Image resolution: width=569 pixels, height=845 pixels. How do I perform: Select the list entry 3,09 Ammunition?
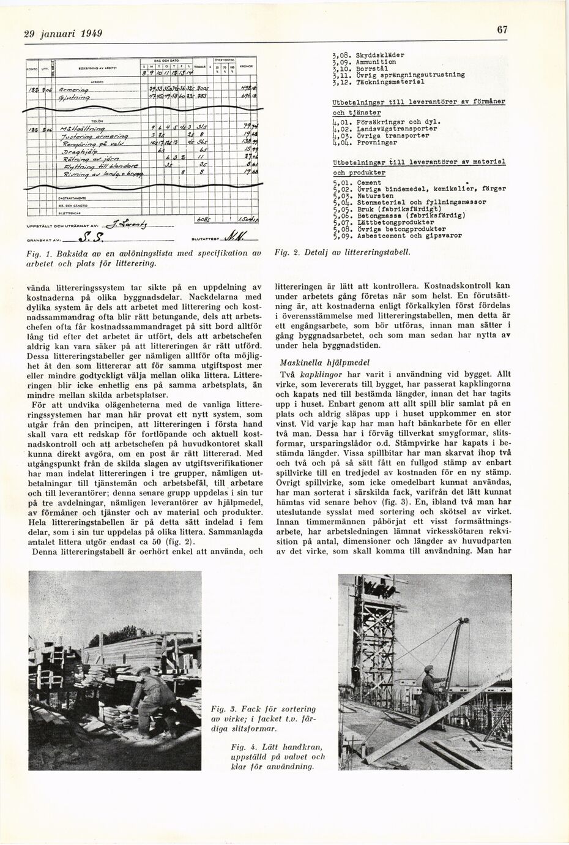(363, 62)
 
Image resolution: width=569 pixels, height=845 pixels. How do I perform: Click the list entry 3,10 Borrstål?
(360, 68)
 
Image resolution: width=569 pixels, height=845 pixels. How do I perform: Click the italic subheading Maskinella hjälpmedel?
(318, 362)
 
